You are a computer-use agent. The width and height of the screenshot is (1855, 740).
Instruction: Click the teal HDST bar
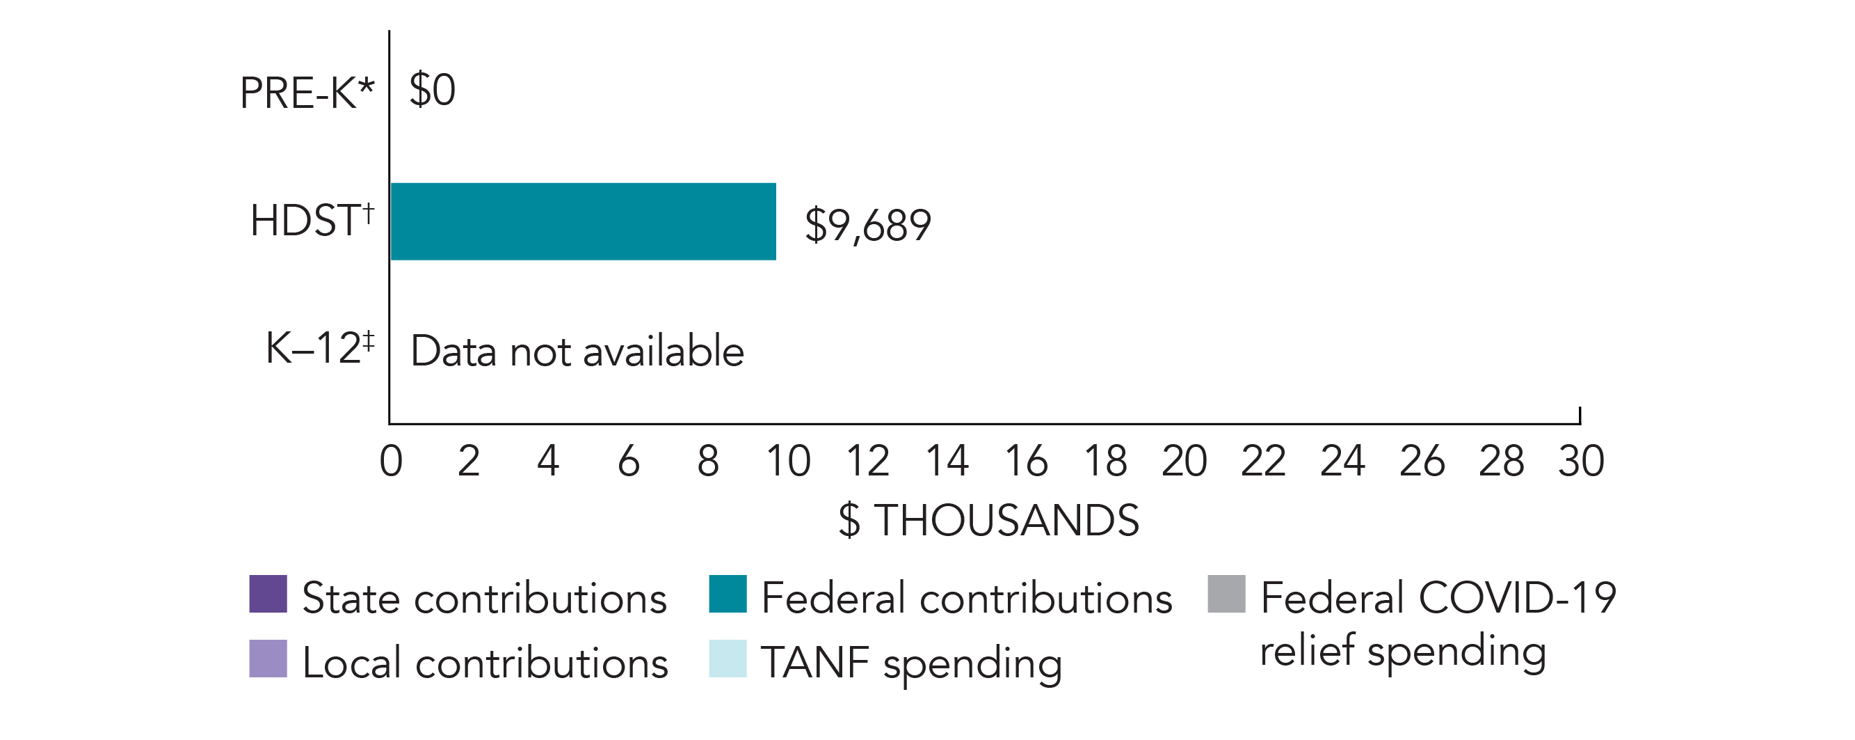tap(583, 221)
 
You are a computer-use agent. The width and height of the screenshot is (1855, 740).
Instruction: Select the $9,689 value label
tap(867, 225)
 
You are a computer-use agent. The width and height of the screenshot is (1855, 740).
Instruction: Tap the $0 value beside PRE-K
tap(432, 90)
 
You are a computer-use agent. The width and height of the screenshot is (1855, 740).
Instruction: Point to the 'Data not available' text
tap(577, 352)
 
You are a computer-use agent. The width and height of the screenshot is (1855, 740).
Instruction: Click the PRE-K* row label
tap(307, 93)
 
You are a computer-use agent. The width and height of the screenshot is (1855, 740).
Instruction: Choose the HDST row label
tap(312, 220)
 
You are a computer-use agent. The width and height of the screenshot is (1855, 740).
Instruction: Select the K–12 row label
tap(320, 348)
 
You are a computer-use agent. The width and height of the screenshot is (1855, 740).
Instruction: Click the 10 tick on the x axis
tap(788, 461)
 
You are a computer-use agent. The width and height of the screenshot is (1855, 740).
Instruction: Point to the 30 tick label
tap(1581, 461)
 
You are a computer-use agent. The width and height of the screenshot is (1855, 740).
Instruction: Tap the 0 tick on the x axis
tap(391, 461)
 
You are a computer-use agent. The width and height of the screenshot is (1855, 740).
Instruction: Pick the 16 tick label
tap(1025, 461)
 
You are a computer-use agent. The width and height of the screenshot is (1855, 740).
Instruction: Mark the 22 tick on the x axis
tap(1263, 461)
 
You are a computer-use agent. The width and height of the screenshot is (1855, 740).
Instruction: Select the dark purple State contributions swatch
tap(268, 594)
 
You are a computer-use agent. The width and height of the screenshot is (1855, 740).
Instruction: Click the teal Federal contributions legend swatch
tap(728, 594)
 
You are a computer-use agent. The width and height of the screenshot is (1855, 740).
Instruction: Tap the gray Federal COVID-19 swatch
tap(1226, 594)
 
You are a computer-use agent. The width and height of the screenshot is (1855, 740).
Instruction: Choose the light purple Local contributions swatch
tap(268, 659)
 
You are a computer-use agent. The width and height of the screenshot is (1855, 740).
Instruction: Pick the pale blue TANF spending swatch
tap(728, 659)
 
